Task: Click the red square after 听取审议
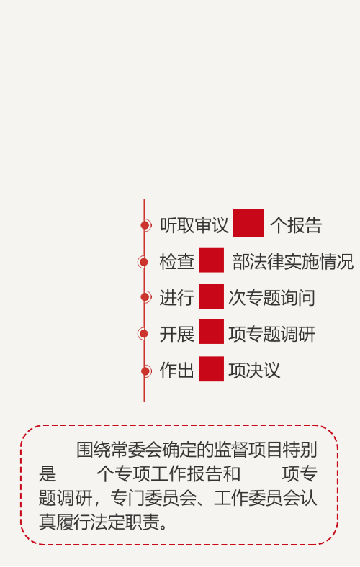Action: click(248, 223)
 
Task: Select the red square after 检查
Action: click(211, 260)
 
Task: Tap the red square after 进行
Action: click(211, 296)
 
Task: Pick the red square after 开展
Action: click(211, 331)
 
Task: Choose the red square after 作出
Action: click(211, 369)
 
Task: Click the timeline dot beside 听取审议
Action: click(145, 225)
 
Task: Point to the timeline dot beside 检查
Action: click(143, 262)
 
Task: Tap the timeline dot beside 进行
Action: click(145, 297)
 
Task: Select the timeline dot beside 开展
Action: click(143, 333)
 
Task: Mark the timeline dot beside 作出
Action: click(145, 371)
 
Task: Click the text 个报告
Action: click(296, 225)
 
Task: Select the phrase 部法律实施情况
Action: click(293, 262)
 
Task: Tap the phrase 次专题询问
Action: click(271, 298)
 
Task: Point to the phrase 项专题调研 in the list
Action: click(271, 334)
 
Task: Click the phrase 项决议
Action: click(254, 371)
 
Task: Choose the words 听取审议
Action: click(194, 225)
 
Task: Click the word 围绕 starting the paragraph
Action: click(94, 450)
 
